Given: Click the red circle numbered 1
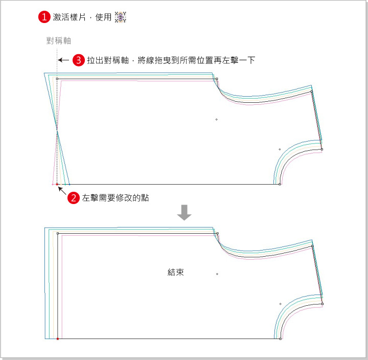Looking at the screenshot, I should (x=44, y=17).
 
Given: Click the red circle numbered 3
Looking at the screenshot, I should (x=79, y=60).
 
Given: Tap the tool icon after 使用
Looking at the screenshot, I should (x=121, y=17).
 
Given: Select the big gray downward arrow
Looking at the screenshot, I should (x=184, y=213).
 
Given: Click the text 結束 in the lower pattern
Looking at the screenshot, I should (x=176, y=273).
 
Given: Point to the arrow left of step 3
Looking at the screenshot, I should (x=63, y=60).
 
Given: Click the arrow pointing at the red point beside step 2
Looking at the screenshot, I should (x=62, y=190).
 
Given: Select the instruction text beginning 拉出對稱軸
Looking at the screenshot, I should (x=171, y=60).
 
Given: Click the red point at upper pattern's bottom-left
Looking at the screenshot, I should (x=57, y=184).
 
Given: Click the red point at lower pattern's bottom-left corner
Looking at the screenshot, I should (x=58, y=339).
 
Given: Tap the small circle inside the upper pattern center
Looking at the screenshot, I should (x=217, y=120).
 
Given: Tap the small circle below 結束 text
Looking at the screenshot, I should (x=217, y=274).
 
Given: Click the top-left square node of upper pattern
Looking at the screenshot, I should (x=57, y=79).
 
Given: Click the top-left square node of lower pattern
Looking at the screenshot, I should (x=58, y=234).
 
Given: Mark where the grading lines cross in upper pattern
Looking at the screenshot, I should (x=57, y=131).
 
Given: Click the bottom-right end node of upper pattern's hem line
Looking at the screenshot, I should (x=280, y=184).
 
